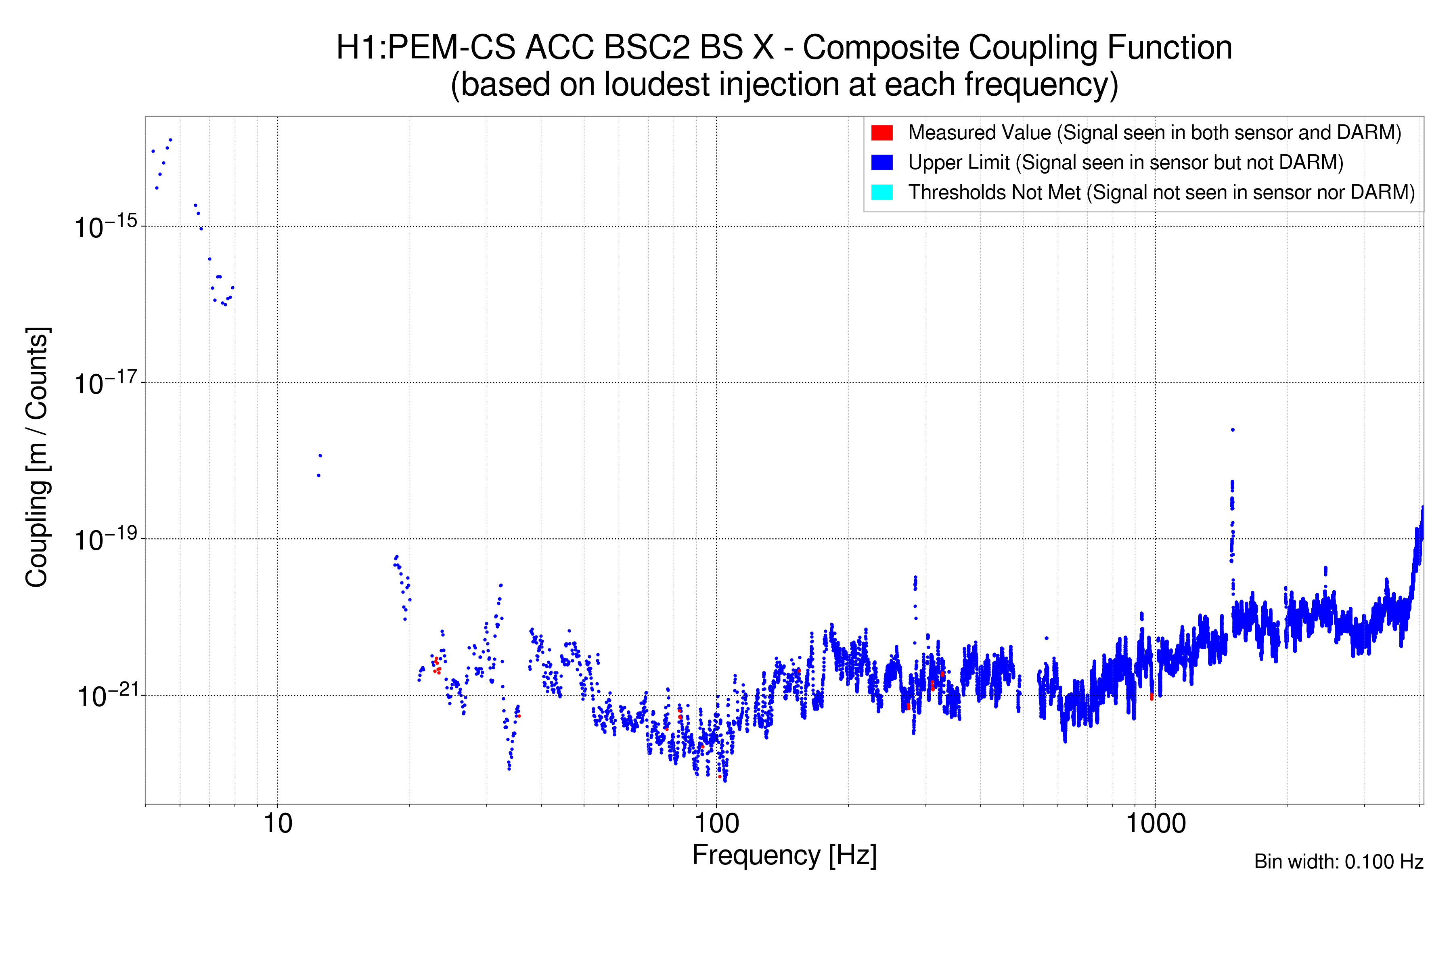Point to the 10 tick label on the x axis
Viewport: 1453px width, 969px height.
pyautogui.click(x=277, y=824)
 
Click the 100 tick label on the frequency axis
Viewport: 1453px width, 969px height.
pyautogui.click(x=716, y=824)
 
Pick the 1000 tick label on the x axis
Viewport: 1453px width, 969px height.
pyautogui.click(x=1155, y=824)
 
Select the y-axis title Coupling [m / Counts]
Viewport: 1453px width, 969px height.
pyautogui.click(x=37, y=457)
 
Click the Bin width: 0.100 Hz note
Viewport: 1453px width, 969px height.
pyautogui.click(x=1338, y=862)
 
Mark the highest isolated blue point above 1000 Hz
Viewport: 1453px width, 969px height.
pyautogui.click(x=1233, y=430)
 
